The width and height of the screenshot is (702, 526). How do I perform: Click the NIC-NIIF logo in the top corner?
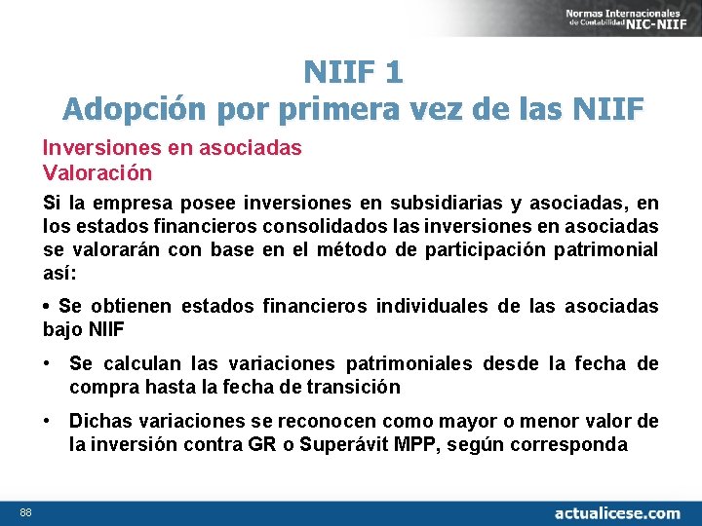click(625, 18)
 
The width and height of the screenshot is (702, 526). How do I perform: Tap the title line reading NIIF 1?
click(353, 72)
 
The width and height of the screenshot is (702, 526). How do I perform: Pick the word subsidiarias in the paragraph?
click(443, 204)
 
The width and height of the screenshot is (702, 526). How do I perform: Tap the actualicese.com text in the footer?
click(616, 511)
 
